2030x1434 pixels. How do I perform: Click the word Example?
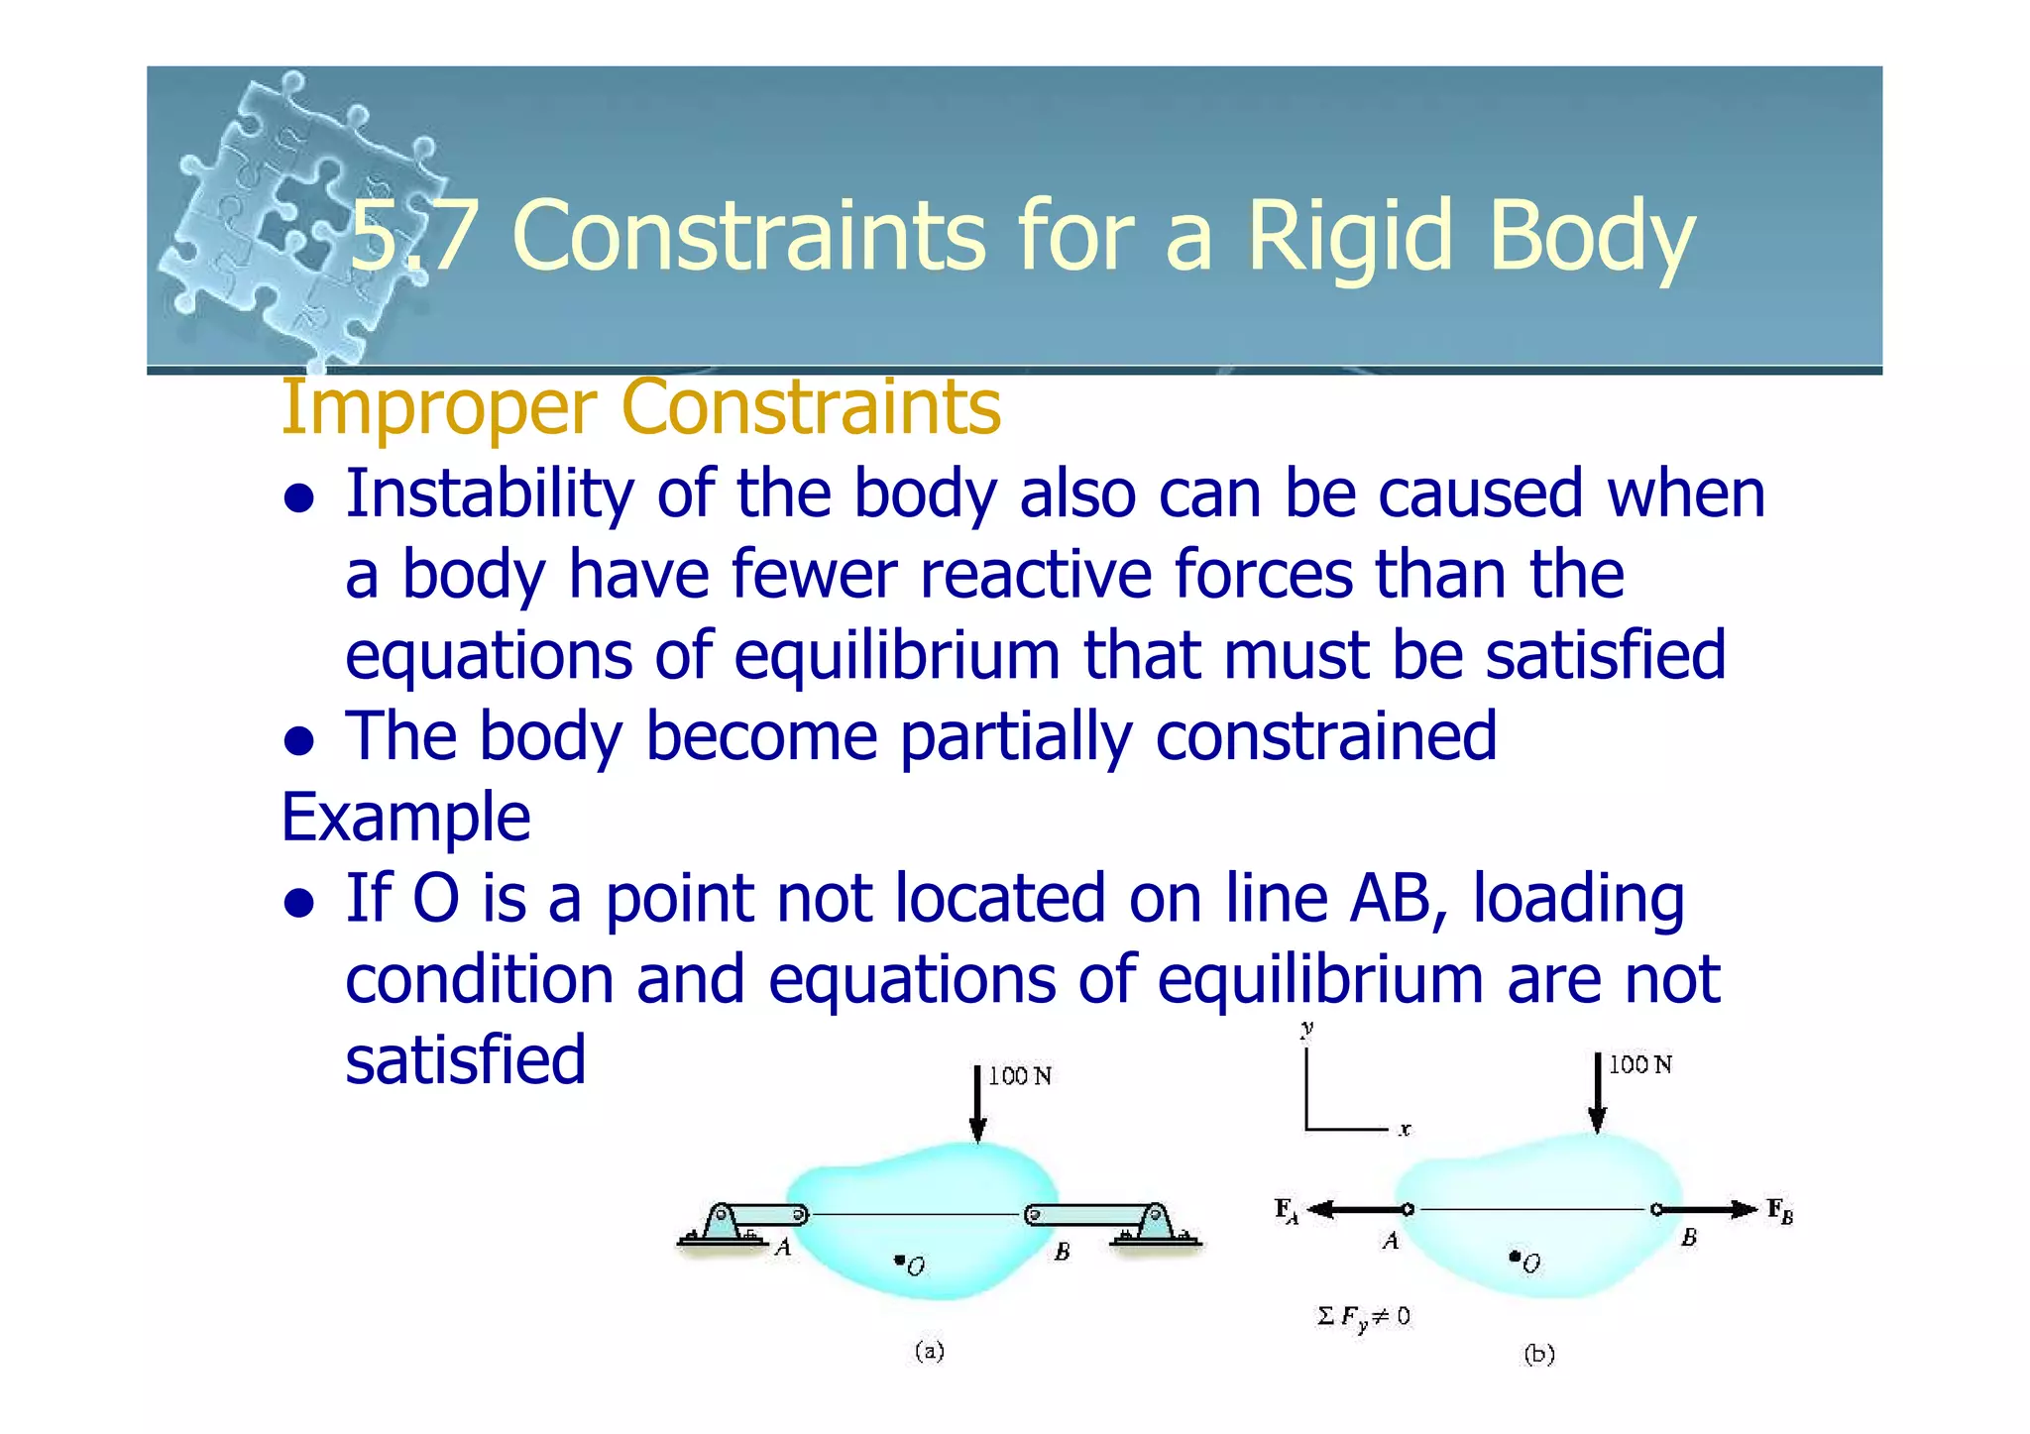pyautogui.click(x=405, y=819)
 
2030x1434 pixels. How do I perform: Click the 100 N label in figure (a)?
pyautogui.click(x=1020, y=1076)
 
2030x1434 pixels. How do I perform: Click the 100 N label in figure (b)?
pyautogui.click(x=1639, y=1065)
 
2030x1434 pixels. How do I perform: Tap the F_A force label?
pyautogui.click(x=1286, y=1210)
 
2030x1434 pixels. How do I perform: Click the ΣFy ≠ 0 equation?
pyautogui.click(x=1363, y=1317)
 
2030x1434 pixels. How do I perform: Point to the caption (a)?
pyautogui.click(x=929, y=1351)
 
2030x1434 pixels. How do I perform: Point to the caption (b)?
pyautogui.click(x=1538, y=1354)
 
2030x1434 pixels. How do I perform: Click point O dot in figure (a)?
pyautogui.click(x=899, y=1261)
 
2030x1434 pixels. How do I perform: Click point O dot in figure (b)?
pyautogui.click(x=1515, y=1257)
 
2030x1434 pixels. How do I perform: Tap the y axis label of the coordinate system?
pyautogui.click(x=1307, y=1030)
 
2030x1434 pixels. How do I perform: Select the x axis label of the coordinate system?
pyautogui.click(x=1405, y=1130)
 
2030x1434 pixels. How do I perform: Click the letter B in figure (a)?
pyautogui.click(x=1062, y=1252)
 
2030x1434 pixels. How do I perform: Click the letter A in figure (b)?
pyautogui.click(x=1391, y=1241)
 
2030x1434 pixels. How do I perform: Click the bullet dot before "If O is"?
pyautogui.click(x=298, y=902)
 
